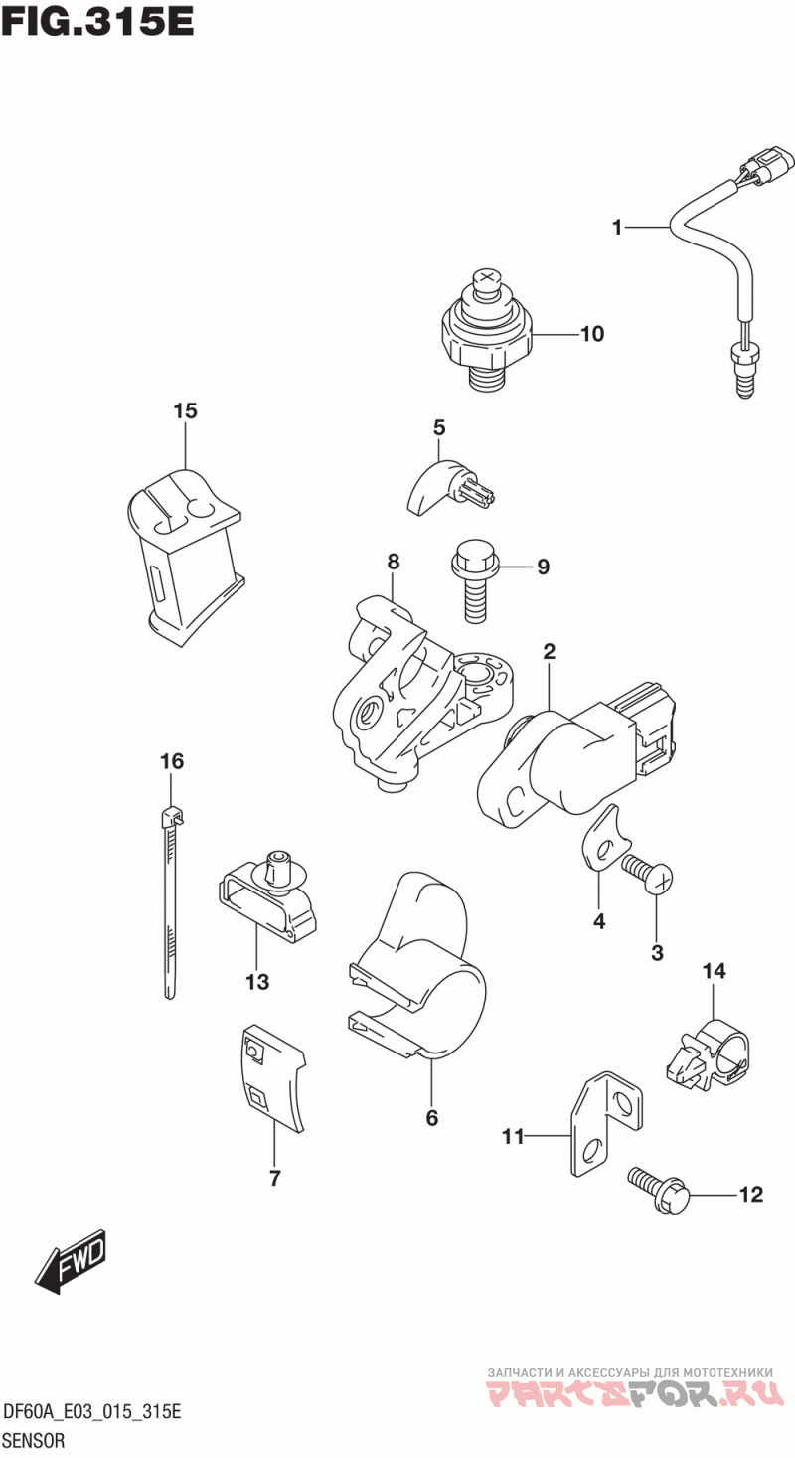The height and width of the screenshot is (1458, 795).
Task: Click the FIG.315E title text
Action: click(x=97, y=22)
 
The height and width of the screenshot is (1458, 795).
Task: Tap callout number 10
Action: click(x=592, y=334)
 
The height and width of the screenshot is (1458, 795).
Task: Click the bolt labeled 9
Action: click(x=475, y=580)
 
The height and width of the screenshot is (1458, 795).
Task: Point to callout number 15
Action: click(x=186, y=410)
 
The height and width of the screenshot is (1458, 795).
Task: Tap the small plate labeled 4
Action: click(x=604, y=839)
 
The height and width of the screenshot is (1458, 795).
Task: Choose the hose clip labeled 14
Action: click(x=710, y=1059)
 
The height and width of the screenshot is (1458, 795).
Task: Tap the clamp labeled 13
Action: click(x=266, y=896)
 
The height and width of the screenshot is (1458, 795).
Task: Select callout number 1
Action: click(x=617, y=228)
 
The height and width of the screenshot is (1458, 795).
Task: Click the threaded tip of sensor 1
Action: click(x=743, y=382)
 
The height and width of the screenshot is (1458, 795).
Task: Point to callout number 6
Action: click(x=432, y=1118)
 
